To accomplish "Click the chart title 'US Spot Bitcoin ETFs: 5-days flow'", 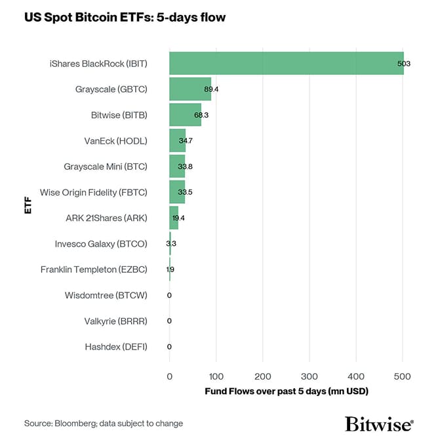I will (125, 18).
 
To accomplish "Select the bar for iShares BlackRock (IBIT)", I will (286, 63).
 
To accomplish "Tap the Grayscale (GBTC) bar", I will (190, 89).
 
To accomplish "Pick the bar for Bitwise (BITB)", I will (185, 115).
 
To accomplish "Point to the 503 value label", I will (403, 63).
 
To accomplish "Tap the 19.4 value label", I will (178, 218).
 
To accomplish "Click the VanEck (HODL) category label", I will (116, 141).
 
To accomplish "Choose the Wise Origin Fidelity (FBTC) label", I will (93, 192).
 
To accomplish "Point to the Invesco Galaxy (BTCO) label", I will (101, 244).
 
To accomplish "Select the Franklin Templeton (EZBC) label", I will (94, 270).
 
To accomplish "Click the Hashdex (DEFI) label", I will (116, 347).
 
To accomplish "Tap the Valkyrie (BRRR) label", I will (115, 321).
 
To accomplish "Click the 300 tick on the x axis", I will (310, 376).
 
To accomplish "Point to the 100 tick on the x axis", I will (216, 376).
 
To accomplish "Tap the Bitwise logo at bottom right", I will (379, 424).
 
